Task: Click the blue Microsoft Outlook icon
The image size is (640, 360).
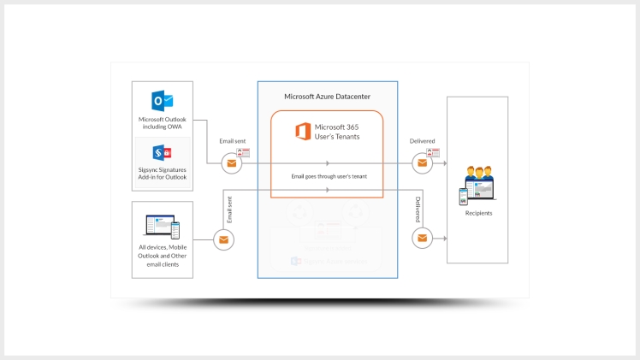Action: [x=163, y=99]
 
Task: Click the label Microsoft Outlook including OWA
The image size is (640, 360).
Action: [x=163, y=123]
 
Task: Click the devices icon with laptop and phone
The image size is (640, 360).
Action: [x=162, y=227]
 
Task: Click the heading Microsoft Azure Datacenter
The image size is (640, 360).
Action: [x=327, y=97]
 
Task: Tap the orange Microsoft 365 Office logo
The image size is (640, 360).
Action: [x=302, y=132]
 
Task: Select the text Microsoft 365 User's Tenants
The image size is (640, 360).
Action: [x=336, y=132]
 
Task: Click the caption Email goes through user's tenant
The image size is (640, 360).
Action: [x=327, y=176]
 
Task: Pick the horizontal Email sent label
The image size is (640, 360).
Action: [x=233, y=141]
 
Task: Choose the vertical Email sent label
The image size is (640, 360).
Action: [x=228, y=209]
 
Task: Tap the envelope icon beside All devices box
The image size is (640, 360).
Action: [x=223, y=239]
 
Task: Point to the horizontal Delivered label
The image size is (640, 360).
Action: [x=422, y=141]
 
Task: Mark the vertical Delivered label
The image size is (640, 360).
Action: [x=418, y=209]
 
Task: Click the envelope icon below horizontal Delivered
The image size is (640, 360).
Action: [x=421, y=162]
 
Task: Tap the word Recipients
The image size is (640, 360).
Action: [x=477, y=213]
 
